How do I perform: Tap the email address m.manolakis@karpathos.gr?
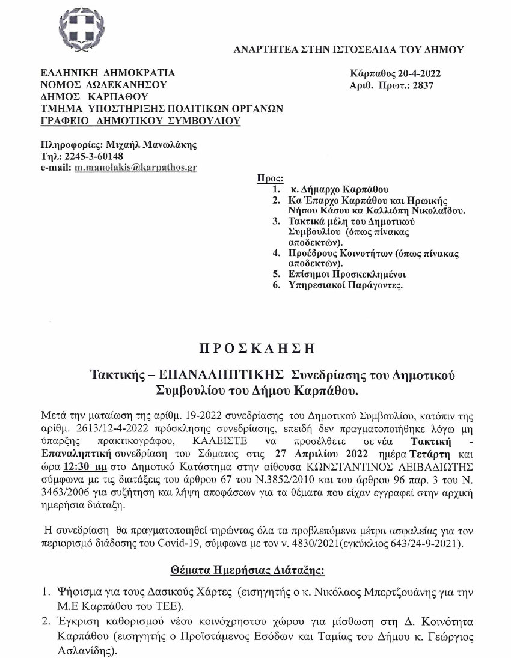(136, 168)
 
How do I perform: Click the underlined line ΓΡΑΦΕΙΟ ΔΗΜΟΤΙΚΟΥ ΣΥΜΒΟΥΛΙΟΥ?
(140, 121)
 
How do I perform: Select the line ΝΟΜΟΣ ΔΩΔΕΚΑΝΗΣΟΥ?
(103, 85)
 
